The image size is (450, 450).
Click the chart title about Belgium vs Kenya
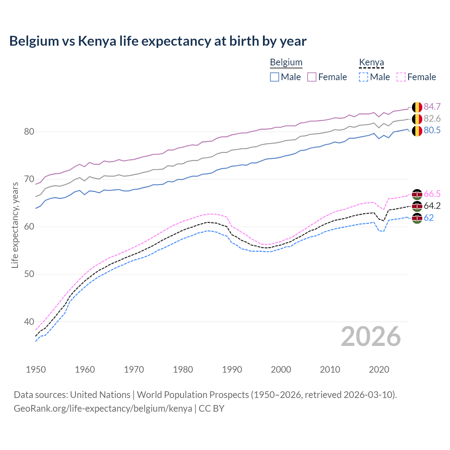click(158, 41)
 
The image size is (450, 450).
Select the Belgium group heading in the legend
click(286, 63)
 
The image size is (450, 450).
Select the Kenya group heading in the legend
click(371, 63)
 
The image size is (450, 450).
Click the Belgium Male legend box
click(275, 77)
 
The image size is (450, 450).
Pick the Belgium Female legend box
click(312, 77)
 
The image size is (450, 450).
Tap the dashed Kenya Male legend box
click(364, 77)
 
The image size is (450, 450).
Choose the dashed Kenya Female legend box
click(401, 77)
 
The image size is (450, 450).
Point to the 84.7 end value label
click(432, 107)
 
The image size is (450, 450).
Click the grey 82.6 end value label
click(432, 118)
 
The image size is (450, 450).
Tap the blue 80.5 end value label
click(432, 130)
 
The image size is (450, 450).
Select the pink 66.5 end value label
click(432, 194)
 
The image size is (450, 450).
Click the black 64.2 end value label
click(432, 206)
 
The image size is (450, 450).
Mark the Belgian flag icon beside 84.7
click(417, 107)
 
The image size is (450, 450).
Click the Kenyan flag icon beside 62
click(417, 218)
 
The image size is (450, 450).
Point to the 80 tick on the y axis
click(29, 132)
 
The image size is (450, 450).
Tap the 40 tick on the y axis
click(29, 322)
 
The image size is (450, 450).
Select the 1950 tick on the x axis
click(36, 369)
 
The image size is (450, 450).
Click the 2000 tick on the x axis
click(281, 369)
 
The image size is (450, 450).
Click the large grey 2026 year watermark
click(371, 336)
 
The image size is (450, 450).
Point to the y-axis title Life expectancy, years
click(15, 225)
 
